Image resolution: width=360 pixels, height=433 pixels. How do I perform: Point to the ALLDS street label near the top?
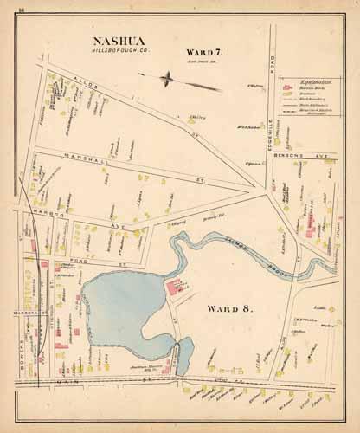[x=87, y=79]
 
